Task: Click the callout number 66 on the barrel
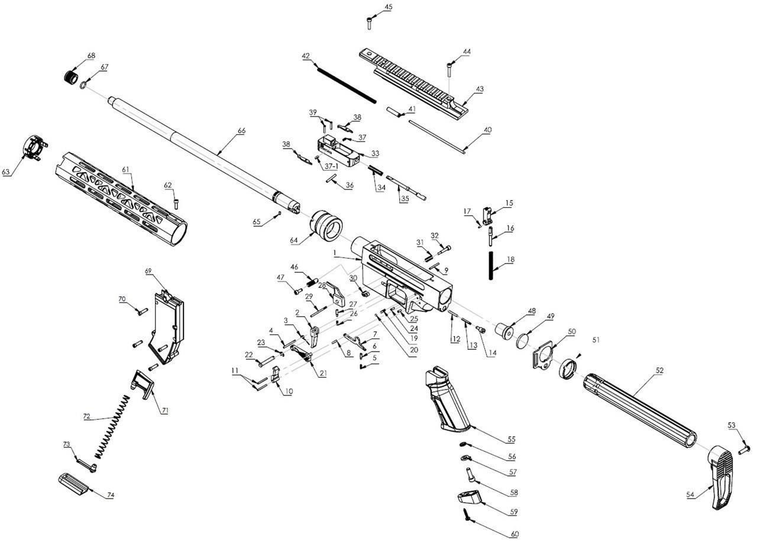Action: click(241, 131)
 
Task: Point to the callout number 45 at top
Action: click(388, 7)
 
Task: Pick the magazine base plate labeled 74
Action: click(73, 482)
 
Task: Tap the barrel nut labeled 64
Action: click(327, 227)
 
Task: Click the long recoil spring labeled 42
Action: click(347, 83)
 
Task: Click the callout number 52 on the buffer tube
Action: click(659, 371)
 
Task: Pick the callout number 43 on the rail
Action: click(480, 89)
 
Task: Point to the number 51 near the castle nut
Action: click(596, 340)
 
